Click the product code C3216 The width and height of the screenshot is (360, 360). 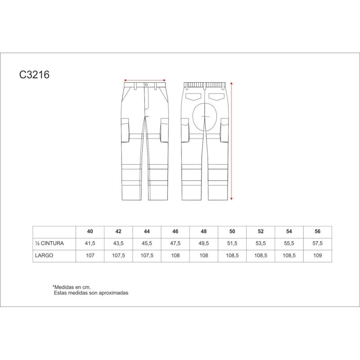pyautogui.click(x=34, y=75)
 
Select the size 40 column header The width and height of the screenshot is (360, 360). pyautogui.click(x=90, y=231)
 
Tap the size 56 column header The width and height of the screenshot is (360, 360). pyautogui.click(x=318, y=231)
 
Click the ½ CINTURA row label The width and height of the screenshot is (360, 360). pyautogui.click(x=49, y=243)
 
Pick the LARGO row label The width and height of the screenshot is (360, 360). pyautogui.click(x=44, y=256)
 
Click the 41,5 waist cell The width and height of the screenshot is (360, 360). pyautogui.click(x=90, y=243)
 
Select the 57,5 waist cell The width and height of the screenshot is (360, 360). pyautogui.click(x=318, y=243)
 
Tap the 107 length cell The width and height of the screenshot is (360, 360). pyautogui.click(x=90, y=256)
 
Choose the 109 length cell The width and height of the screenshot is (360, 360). pyautogui.click(x=318, y=256)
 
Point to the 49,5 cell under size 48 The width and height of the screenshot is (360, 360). pyautogui.click(x=204, y=243)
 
